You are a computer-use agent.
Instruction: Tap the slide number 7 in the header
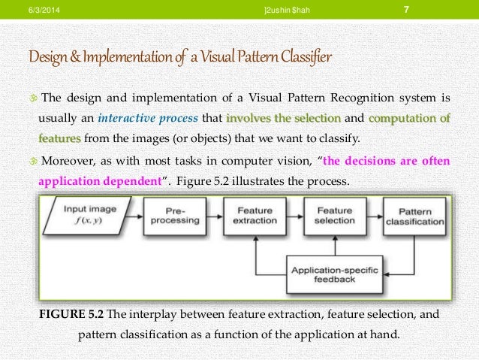click(x=405, y=9)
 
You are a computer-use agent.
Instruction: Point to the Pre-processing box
click(x=176, y=216)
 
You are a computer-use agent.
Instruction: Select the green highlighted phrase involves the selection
click(x=284, y=118)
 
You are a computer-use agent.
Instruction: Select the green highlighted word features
click(x=60, y=138)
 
